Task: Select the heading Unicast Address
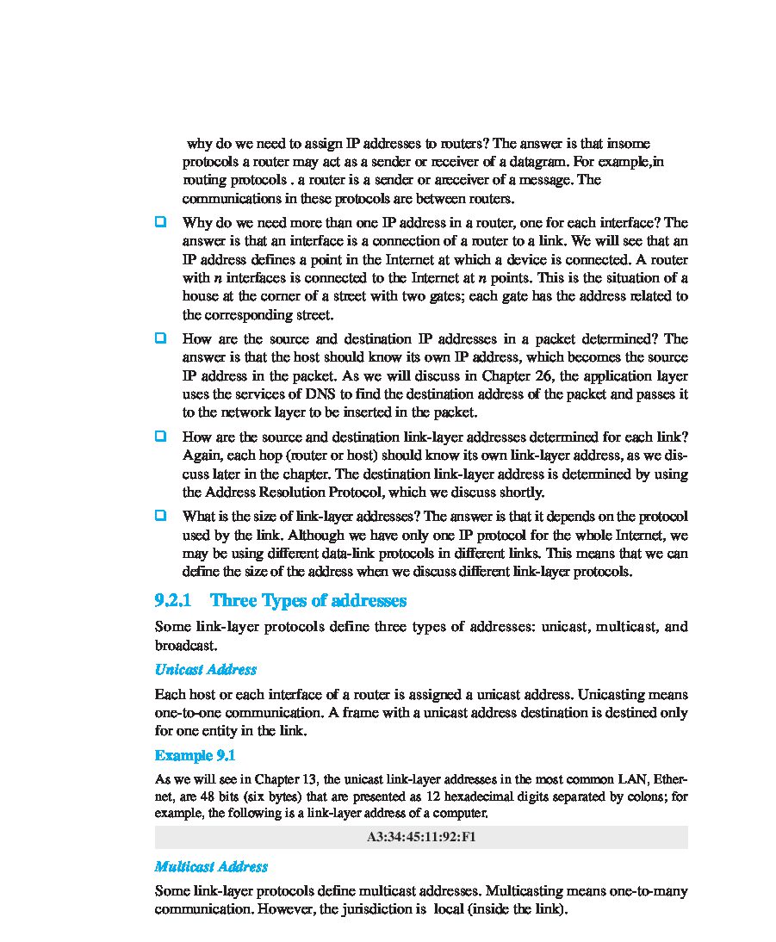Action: (205, 669)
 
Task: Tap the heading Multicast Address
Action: (211, 866)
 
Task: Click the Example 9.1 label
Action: (195, 755)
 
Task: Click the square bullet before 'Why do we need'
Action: (160, 222)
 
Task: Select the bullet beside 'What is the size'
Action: (160, 515)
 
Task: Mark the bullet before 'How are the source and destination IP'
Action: (160, 338)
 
